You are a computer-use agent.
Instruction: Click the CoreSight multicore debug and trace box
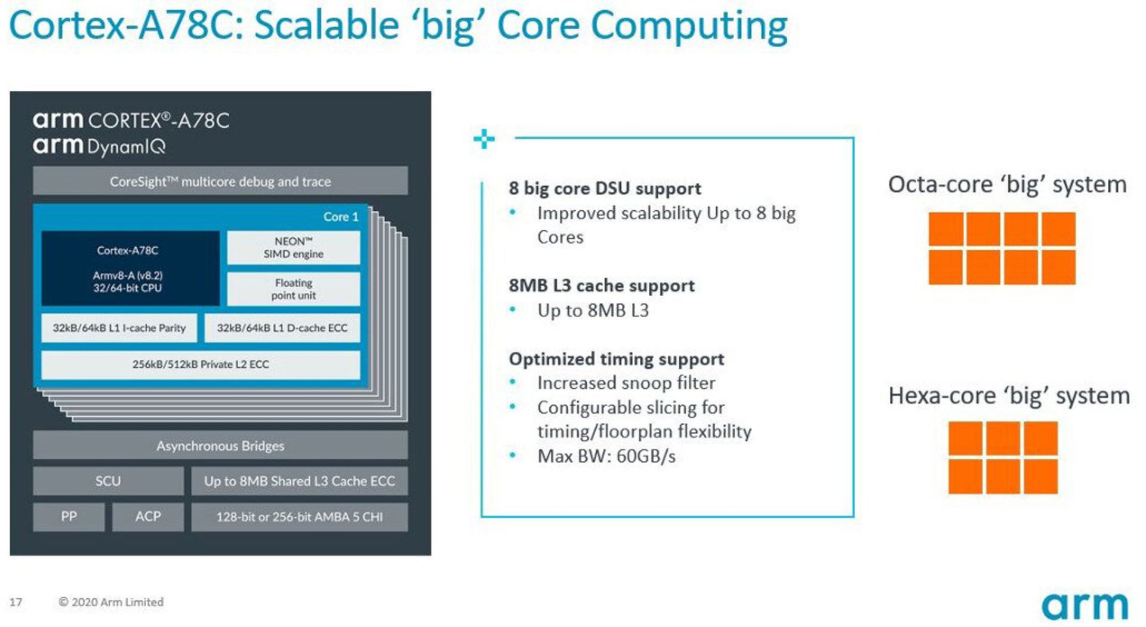[220, 181]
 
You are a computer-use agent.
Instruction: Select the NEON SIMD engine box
[293, 247]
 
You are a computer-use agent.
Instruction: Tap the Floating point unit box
[293, 289]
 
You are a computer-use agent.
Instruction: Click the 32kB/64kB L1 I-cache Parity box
[119, 328]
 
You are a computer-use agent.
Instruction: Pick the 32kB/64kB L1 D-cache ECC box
[282, 328]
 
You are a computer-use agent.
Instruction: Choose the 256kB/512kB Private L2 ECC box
[201, 364]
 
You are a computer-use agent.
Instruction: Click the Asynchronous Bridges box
[220, 445]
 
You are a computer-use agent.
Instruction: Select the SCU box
[108, 481]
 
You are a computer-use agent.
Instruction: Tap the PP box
[69, 517]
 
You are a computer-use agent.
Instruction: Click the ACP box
[148, 517]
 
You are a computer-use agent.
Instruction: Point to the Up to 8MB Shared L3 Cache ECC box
[300, 481]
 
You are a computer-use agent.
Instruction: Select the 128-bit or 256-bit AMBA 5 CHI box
[300, 517]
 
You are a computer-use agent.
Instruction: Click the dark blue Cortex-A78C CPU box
[130, 268]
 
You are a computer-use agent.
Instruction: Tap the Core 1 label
[341, 217]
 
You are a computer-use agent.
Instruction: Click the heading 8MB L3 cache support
[602, 285]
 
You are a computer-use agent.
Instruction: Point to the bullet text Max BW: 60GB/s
[606, 456]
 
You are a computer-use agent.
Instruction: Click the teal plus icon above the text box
[484, 139]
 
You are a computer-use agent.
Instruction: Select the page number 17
[16, 602]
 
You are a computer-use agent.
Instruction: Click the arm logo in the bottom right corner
[1085, 606]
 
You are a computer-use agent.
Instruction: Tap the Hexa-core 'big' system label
[1009, 396]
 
